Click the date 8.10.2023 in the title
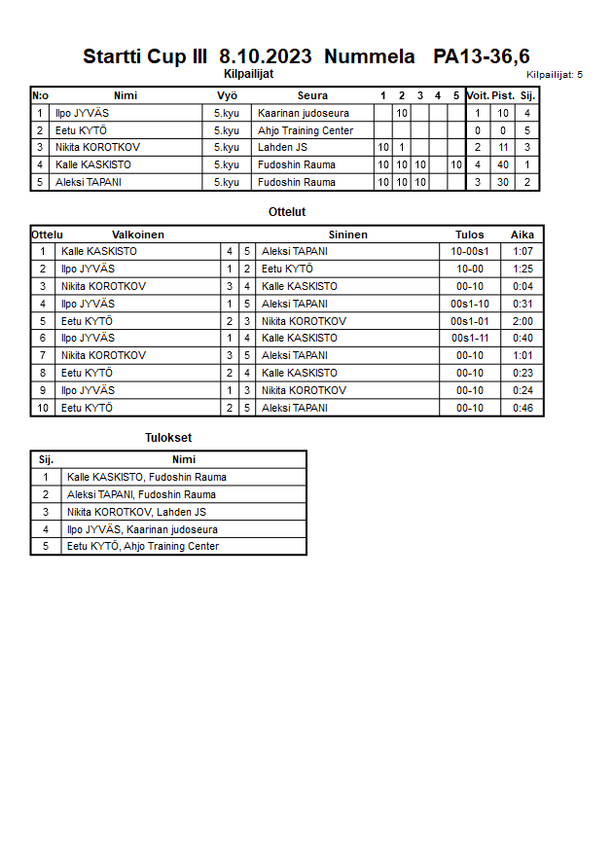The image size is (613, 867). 266,56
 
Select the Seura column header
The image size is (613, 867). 312,95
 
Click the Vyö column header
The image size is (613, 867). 227,95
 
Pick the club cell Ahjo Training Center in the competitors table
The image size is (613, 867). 306,130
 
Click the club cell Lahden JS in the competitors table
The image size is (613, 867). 283,148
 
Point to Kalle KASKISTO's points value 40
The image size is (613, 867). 503,165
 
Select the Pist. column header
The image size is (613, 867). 503,95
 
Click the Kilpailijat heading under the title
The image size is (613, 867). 249,73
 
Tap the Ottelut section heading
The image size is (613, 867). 287,212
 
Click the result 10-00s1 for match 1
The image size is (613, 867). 469,251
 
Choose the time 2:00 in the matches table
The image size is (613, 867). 523,321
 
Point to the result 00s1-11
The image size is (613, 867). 469,339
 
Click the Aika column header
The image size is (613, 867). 523,235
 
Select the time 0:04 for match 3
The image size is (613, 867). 523,286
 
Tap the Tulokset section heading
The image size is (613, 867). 168,438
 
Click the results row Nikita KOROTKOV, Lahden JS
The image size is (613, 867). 136,512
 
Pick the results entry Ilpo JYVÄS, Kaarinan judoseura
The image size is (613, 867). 142,529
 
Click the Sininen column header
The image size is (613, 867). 347,235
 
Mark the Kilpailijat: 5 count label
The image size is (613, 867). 555,74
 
